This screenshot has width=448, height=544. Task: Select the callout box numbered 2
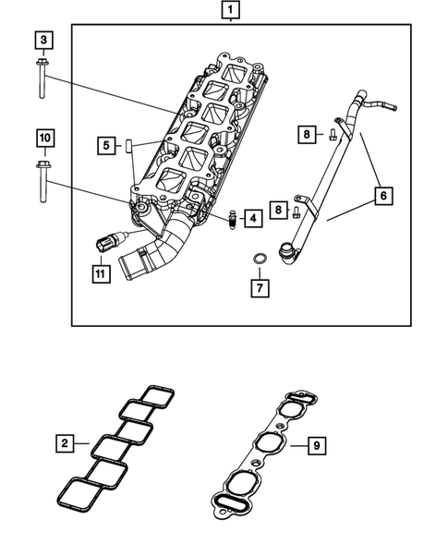(x=64, y=444)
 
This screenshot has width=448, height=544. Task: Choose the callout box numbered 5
(x=108, y=145)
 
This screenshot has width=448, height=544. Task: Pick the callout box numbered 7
(x=260, y=288)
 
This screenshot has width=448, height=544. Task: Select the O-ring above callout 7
(x=261, y=257)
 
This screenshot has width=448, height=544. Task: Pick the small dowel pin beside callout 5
(x=132, y=146)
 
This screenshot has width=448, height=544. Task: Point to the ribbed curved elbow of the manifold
(x=166, y=247)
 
